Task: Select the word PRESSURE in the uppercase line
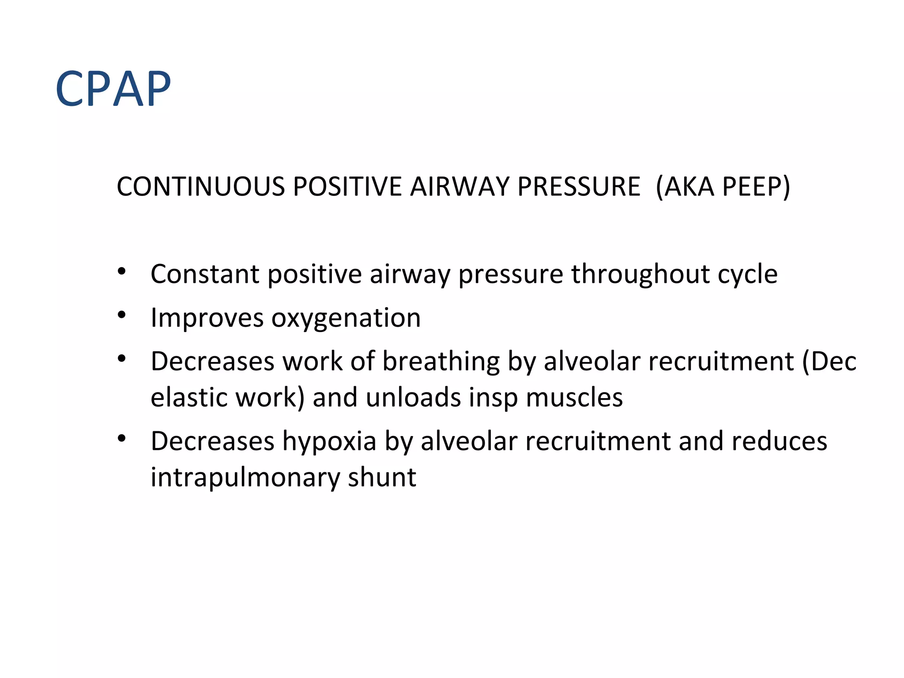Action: (x=579, y=186)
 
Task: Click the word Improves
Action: (x=207, y=318)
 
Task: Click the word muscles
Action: (x=574, y=397)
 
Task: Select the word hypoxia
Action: (x=329, y=442)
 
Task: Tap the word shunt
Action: (x=382, y=477)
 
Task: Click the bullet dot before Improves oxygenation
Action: (x=122, y=315)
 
